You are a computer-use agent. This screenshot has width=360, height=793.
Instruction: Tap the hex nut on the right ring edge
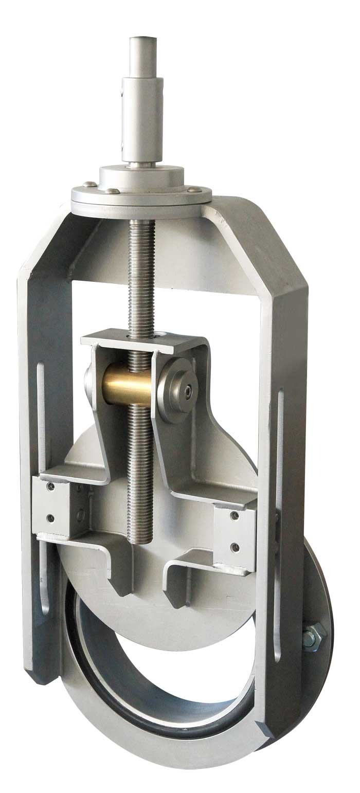312,635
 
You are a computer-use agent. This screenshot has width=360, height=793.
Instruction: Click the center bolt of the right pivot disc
189,391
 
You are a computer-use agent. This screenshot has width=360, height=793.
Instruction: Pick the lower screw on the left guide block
50,518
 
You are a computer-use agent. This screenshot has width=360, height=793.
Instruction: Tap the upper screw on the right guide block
235,515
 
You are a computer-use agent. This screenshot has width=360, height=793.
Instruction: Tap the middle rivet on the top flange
111,191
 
